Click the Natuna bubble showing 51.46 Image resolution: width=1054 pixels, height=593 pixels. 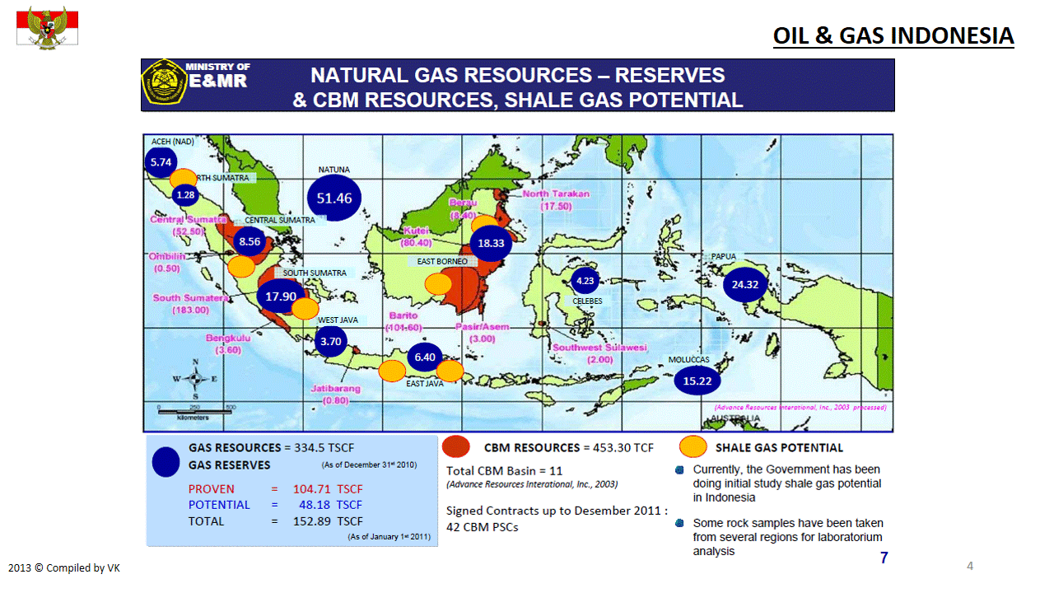pos(334,198)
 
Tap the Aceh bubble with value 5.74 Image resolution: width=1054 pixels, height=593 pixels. pos(161,162)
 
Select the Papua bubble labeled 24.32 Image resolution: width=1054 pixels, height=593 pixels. pos(746,285)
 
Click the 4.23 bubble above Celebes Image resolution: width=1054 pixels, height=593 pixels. pos(585,281)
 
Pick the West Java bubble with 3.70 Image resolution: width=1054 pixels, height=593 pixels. pos(331,341)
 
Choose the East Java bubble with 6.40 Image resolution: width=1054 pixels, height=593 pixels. pos(425,357)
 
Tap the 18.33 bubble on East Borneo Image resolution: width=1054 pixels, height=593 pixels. pos(491,244)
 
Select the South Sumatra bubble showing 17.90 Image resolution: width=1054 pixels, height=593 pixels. pos(281,296)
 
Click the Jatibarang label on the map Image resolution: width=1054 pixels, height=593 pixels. pos(336,394)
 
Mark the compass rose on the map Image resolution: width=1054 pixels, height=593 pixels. pos(194,379)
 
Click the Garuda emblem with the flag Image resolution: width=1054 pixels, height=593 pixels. pos(48,28)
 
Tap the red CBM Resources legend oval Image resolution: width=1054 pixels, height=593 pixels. pos(456,446)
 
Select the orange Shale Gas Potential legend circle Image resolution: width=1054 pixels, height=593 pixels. pos(693,446)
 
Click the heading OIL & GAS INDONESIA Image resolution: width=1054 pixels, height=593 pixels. pos(893,36)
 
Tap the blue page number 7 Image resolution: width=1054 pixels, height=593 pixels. pos(884,558)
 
